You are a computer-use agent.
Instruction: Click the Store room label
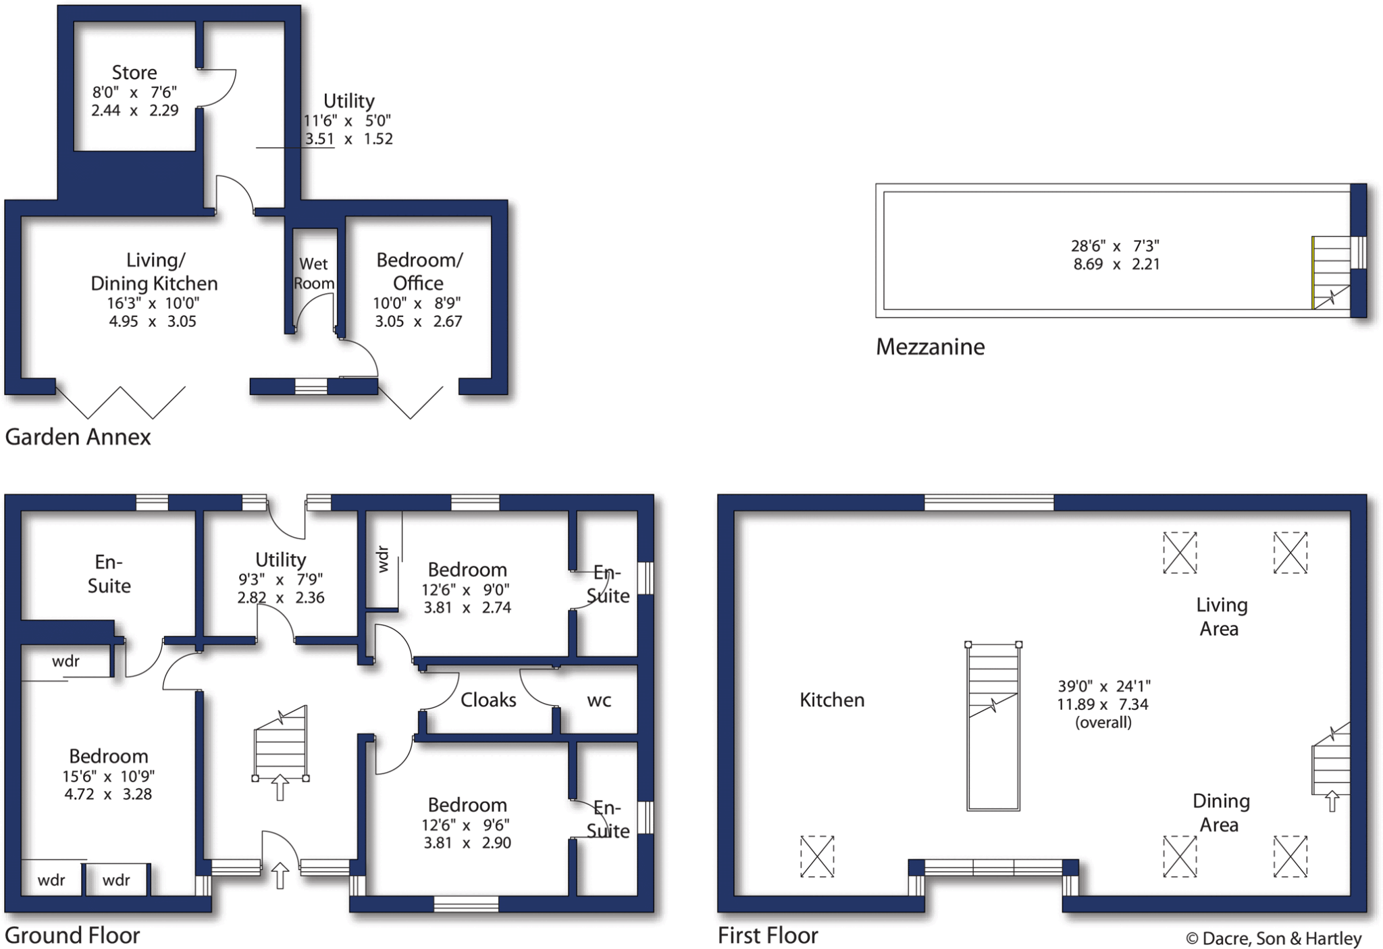134,72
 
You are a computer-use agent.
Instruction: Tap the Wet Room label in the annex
313,274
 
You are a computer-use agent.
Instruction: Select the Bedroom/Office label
419,271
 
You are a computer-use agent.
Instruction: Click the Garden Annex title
78,437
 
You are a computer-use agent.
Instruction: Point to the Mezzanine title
930,347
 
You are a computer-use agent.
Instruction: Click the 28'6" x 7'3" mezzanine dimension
1115,247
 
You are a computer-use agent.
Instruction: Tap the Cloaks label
488,700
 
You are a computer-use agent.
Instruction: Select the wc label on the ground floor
599,700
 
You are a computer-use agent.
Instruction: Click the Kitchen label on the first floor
832,700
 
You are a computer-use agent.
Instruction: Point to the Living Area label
1221,617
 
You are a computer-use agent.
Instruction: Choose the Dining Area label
1220,813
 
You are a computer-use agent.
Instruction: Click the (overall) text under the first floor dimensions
1103,723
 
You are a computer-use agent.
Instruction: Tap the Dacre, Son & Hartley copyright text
1274,939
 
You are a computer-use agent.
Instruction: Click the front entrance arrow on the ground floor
280,876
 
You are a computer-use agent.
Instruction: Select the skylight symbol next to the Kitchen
817,856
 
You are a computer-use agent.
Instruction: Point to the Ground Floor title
72,936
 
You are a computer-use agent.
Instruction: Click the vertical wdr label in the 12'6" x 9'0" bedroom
384,560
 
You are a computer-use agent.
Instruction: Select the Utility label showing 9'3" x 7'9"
280,560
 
